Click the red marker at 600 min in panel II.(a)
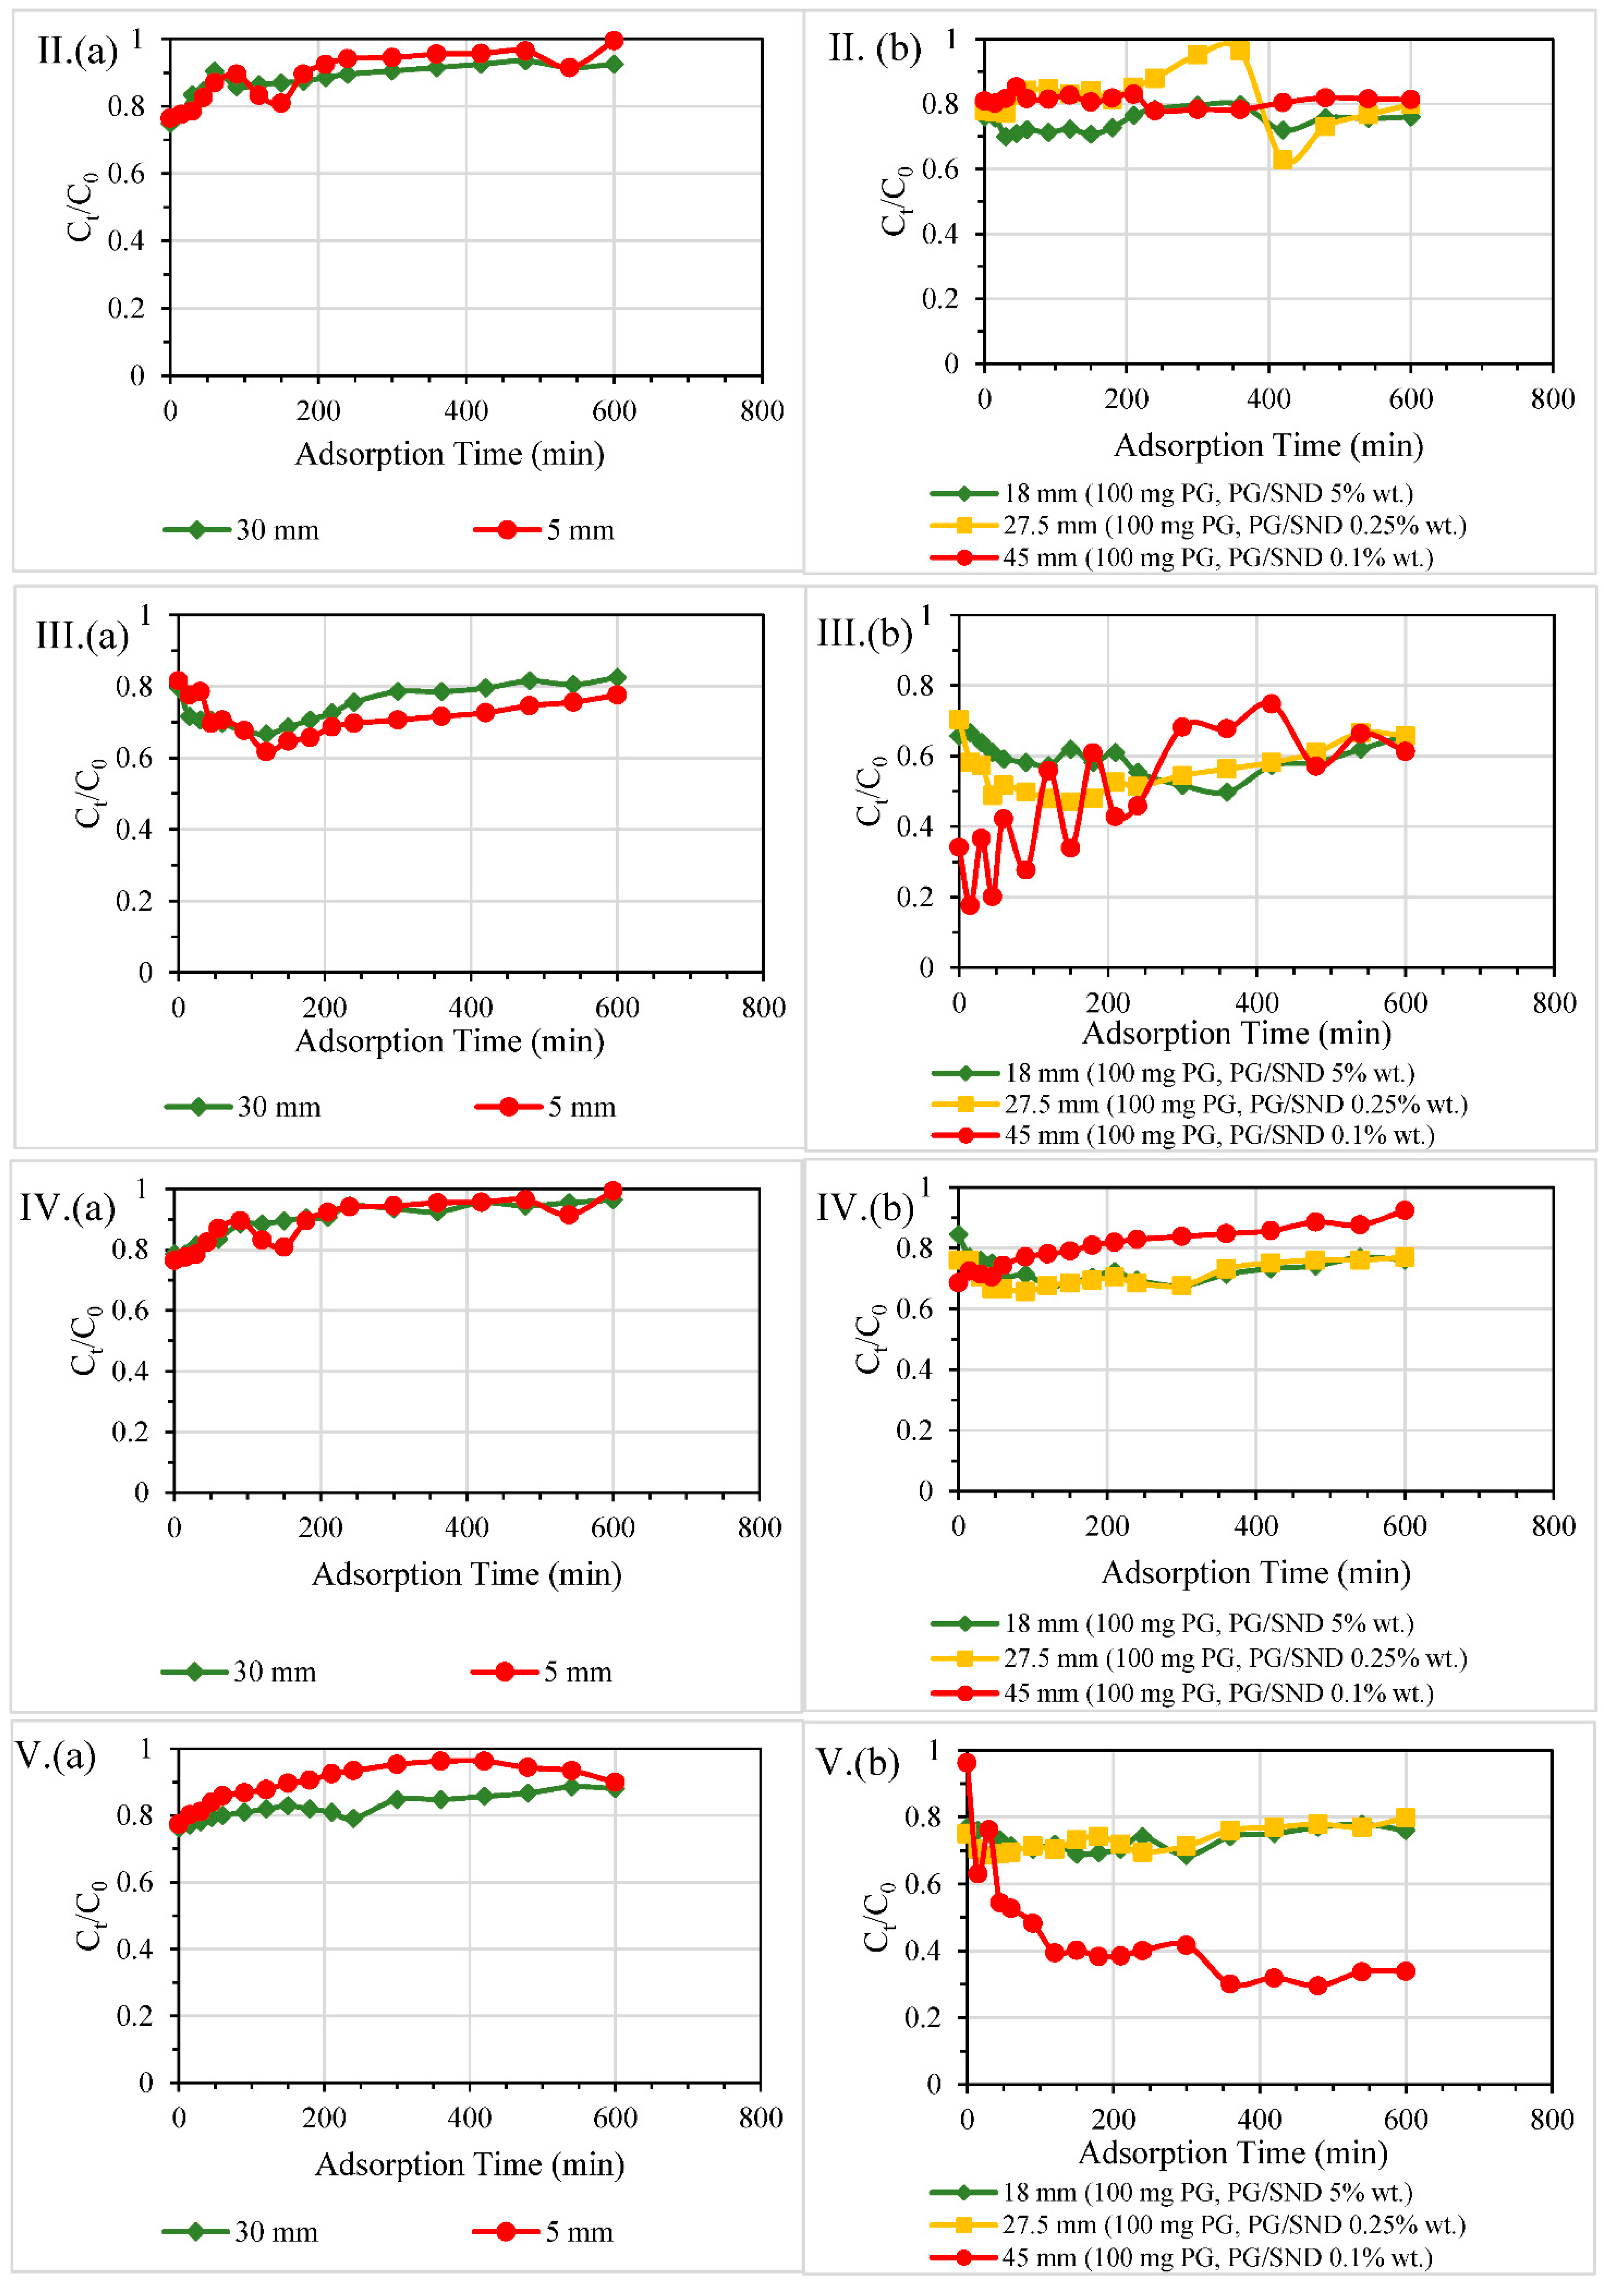click(614, 41)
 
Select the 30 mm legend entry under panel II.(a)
click(242, 530)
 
